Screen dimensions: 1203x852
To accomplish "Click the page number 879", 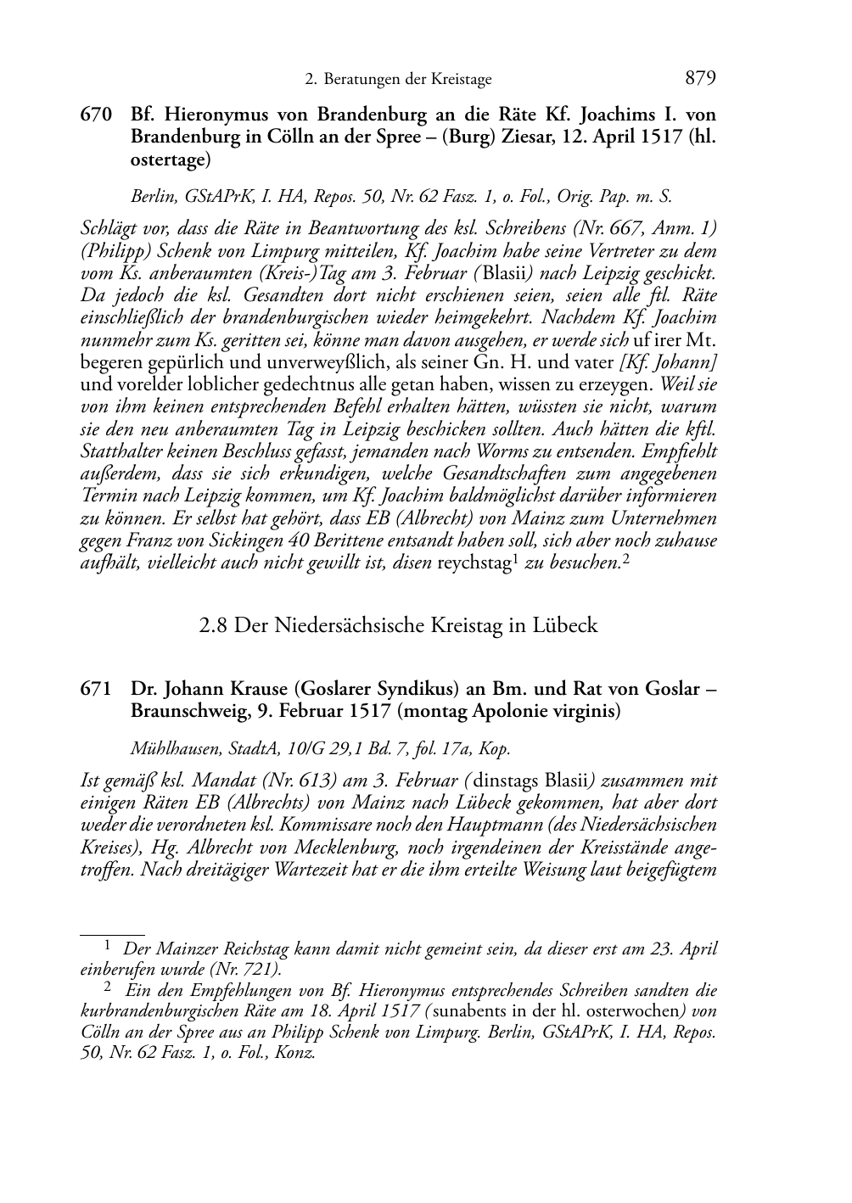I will (x=699, y=79).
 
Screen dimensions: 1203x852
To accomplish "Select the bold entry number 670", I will (x=96, y=114).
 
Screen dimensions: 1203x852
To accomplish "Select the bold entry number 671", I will (x=96, y=689).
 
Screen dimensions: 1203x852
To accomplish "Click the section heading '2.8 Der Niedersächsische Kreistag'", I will (x=398, y=626).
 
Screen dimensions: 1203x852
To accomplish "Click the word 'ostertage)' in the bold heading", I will (x=171, y=159).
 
